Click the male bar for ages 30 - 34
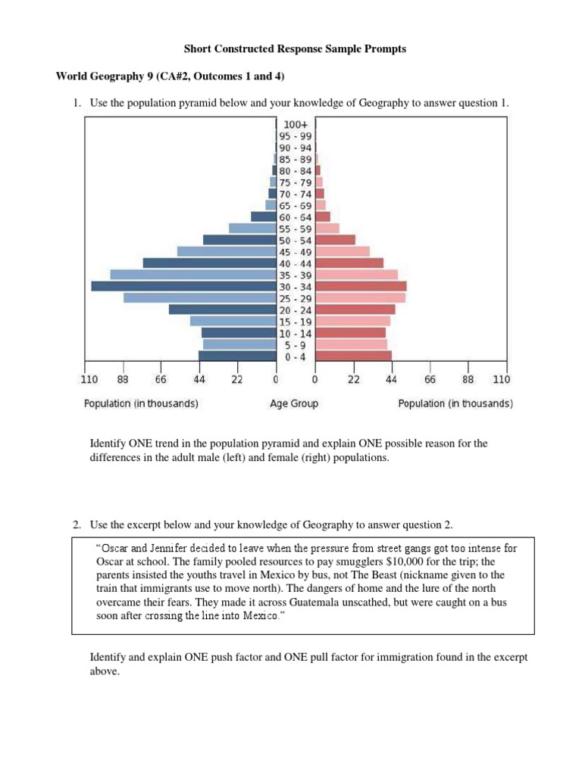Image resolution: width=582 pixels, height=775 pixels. coord(183,286)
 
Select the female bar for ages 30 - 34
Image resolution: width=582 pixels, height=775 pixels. coord(361,286)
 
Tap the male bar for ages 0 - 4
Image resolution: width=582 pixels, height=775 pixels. coord(237,356)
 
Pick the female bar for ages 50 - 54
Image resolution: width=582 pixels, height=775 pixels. coord(335,240)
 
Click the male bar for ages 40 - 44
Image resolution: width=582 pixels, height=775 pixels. coord(209,263)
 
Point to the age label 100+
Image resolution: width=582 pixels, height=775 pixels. coord(296,124)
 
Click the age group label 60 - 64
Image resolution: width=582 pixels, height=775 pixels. coord(296,217)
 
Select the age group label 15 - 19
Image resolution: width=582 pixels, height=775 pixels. coord(296,321)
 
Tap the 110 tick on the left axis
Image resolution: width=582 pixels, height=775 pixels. coord(89,379)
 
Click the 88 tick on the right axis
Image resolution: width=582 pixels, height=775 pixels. coord(468,379)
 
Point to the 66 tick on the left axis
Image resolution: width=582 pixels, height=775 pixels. coord(160,379)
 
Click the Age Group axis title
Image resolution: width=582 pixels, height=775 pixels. coord(294,404)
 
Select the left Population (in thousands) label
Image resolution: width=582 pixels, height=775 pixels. coord(141,404)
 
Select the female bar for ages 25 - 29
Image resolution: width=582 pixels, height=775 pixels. coord(360,297)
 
